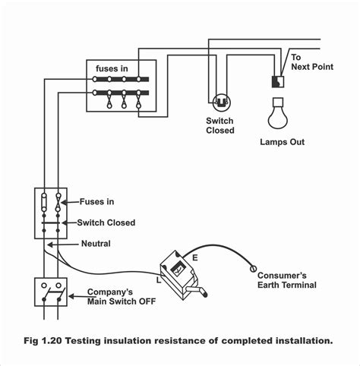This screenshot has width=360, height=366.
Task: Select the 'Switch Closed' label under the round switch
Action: (x=219, y=125)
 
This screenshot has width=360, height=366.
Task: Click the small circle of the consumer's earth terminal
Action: (x=251, y=268)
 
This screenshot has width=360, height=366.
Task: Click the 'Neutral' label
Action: (x=96, y=245)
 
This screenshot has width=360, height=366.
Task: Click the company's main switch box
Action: (x=50, y=293)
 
